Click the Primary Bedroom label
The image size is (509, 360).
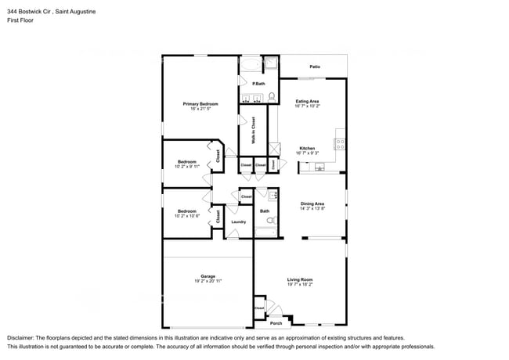[x=200, y=103]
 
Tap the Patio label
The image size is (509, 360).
[x=314, y=67]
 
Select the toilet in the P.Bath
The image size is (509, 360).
[x=272, y=96]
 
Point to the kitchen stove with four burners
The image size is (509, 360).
[x=341, y=143]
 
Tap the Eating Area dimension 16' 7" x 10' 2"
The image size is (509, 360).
[x=307, y=106]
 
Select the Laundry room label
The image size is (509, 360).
[x=239, y=221]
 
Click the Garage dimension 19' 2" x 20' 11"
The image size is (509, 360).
[x=208, y=280]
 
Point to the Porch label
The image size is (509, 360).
[x=276, y=322]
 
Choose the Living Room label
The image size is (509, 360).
[x=300, y=279]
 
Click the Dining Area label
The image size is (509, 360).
[x=312, y=204]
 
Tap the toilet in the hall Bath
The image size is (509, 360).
[x=273, y=196]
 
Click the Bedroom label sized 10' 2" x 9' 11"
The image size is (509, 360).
[x=186, y=162]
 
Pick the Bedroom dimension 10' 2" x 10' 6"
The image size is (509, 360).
[x=186, y=215]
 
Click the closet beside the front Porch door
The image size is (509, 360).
[x=259, y=308]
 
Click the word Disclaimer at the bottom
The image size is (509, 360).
[x=21, y=337]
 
